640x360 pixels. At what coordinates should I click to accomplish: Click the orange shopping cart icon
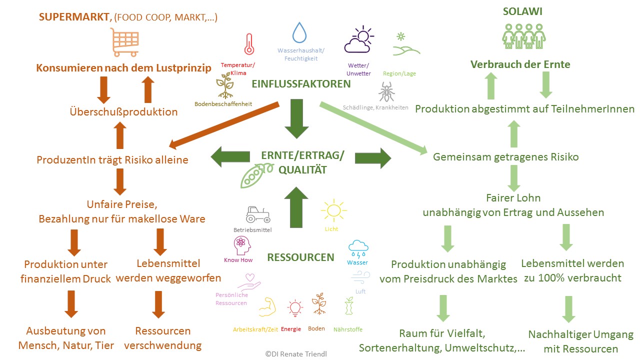(x=124, y=42)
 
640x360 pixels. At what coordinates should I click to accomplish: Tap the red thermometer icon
(x=248, y=44)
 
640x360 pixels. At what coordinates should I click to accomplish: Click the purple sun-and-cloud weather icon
(x=358, y=40)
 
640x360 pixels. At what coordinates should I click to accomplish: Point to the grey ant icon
(x=386, y=92)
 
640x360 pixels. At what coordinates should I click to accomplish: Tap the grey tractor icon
(x=257, y=214)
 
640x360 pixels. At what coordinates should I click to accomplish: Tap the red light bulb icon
(x=294, y=308)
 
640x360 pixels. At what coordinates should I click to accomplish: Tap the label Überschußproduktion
(x=123, y=111)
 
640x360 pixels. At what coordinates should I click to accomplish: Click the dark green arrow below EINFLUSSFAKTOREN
(x=297, y=118)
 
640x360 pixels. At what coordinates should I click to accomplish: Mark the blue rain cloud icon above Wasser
(x=358, y=247)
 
